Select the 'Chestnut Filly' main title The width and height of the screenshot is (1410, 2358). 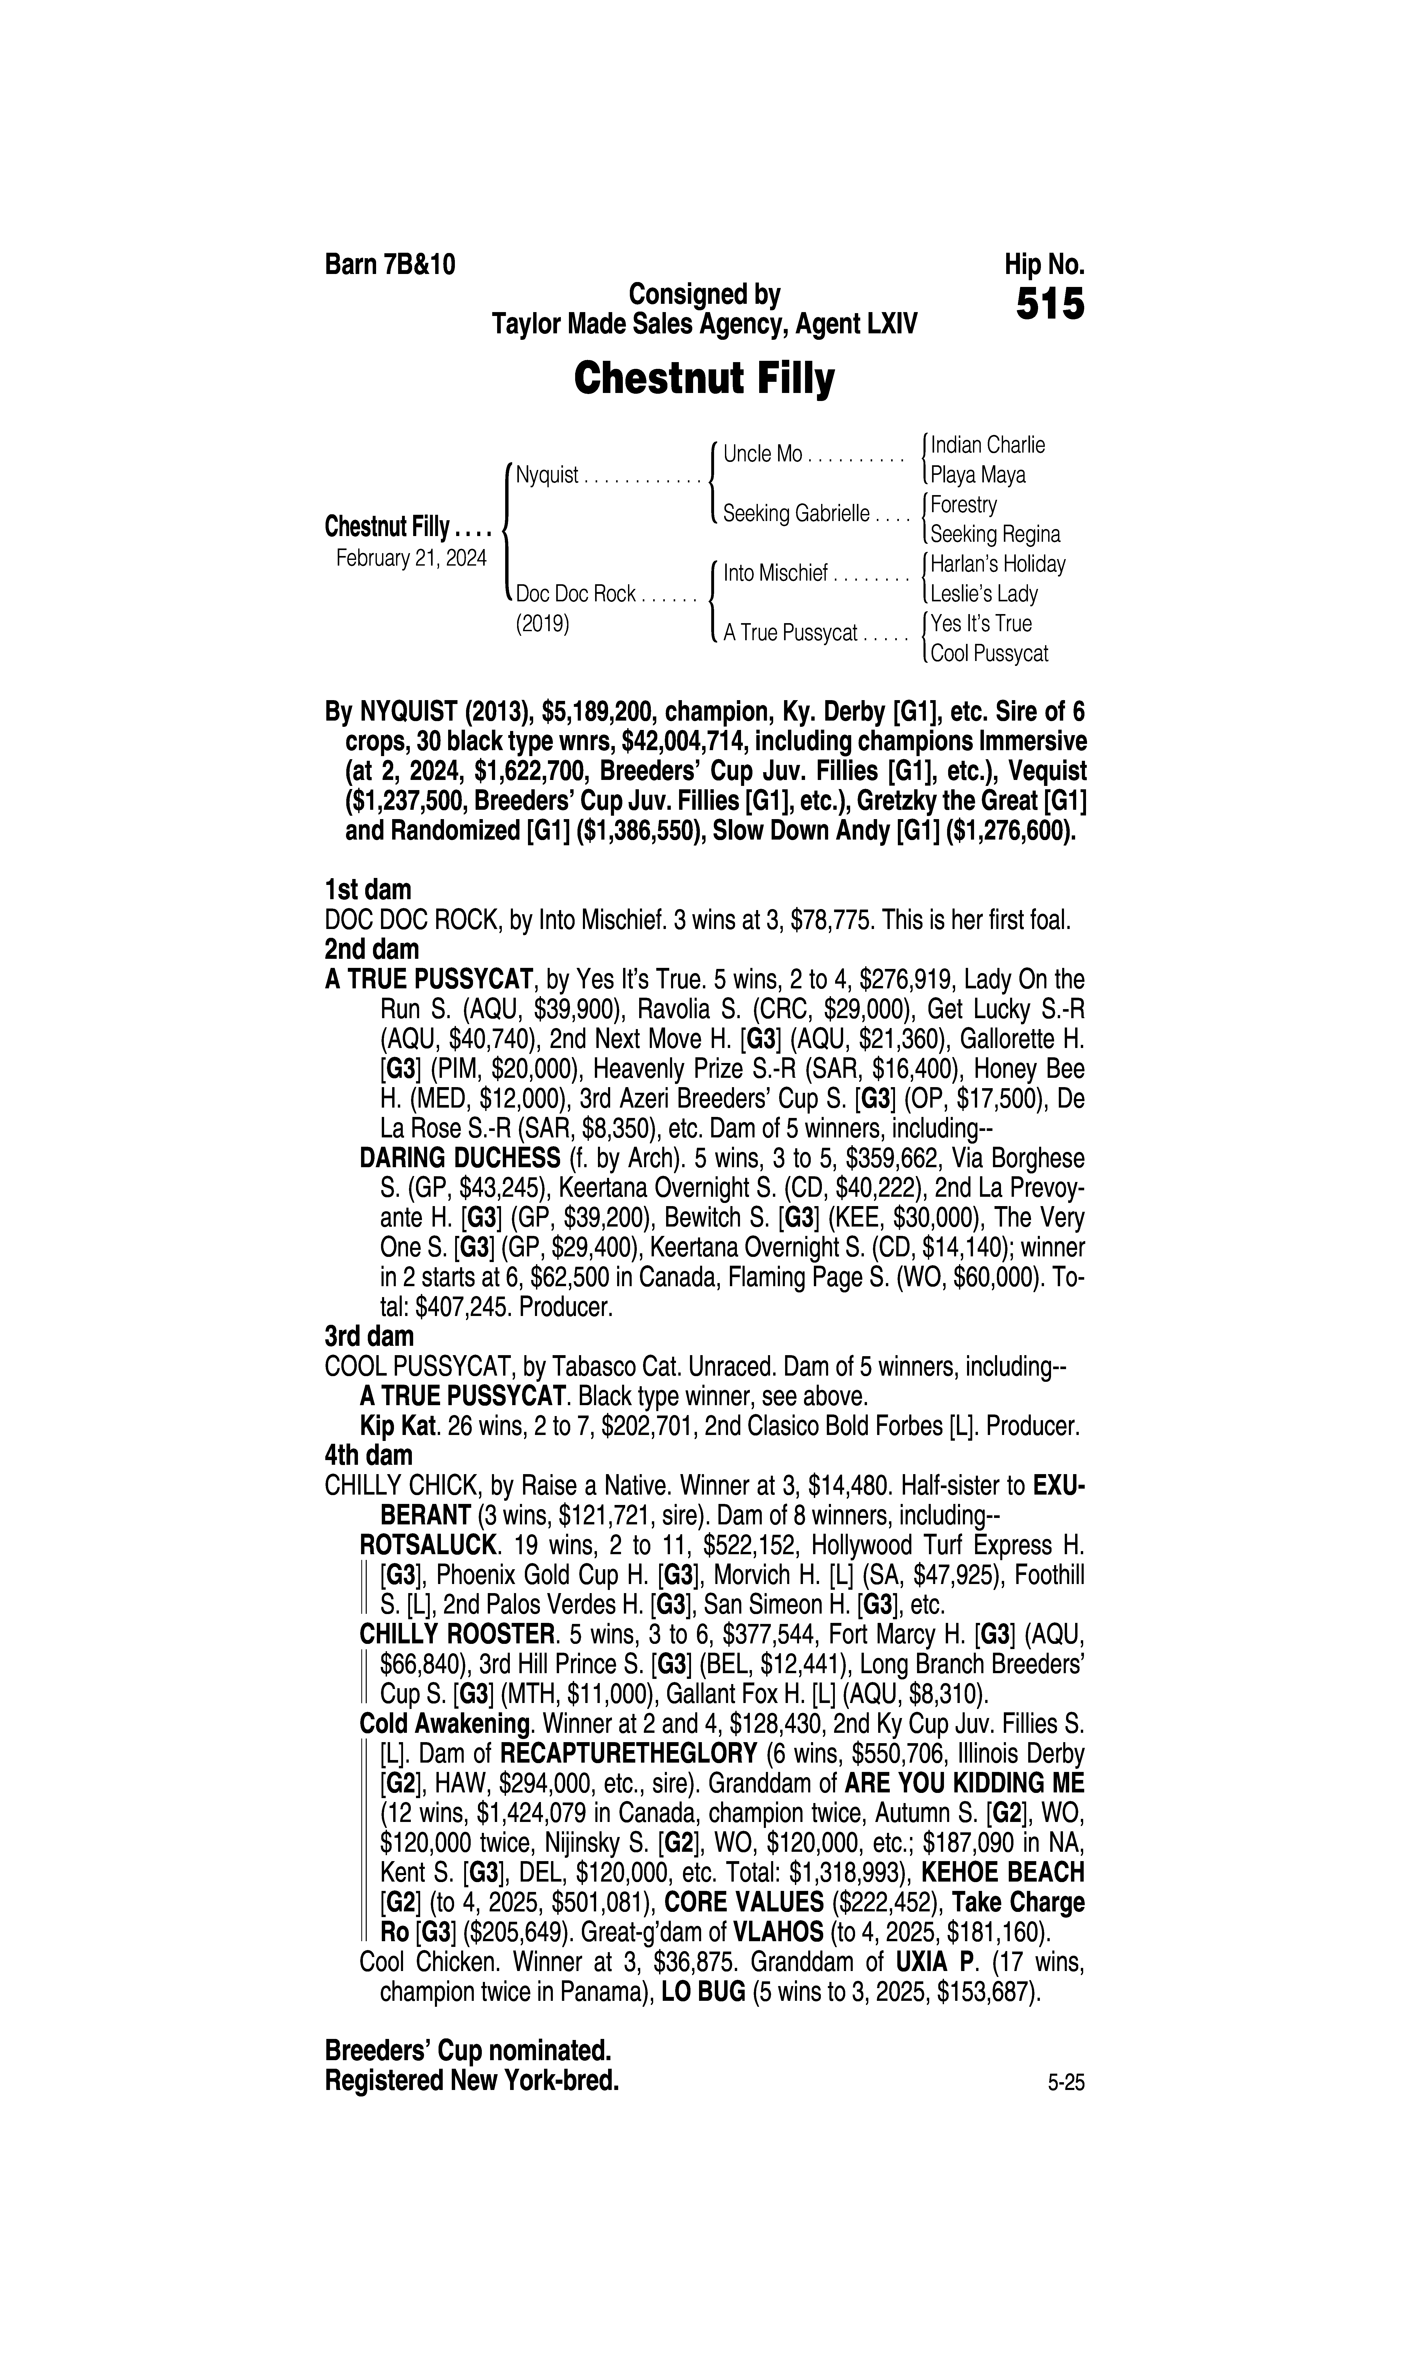pos(704,379)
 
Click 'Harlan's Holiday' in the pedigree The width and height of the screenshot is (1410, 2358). pos(998,564)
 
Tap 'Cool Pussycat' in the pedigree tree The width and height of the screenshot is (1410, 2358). pos(989,654)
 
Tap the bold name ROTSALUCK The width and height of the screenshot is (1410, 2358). pos(428,1546)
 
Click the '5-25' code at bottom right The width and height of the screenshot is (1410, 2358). pos(1066,2084)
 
